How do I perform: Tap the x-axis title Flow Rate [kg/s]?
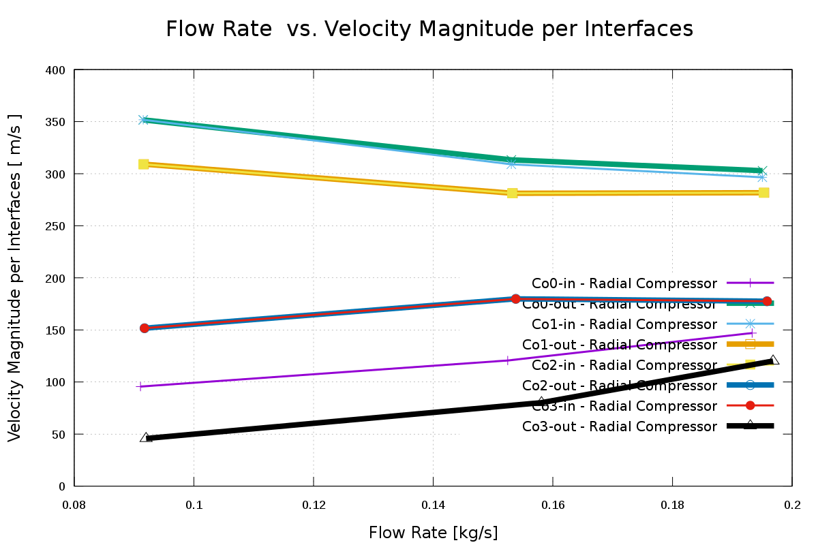click(433, 533)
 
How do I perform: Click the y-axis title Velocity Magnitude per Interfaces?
click(15, 277)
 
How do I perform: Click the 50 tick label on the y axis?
click(59, 434)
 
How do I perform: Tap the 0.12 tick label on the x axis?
click(313, 505)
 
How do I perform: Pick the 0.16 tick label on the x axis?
click(552, 505)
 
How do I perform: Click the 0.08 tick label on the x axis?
click(74, 505)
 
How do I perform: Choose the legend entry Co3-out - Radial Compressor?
click(619, 426)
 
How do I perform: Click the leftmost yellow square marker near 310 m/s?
click(144, 164)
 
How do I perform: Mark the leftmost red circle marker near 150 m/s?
click(145, 328)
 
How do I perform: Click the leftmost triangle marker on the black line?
click(146, 437)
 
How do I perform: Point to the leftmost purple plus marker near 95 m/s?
click(140, 386)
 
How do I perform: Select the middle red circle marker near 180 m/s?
click(515, 299)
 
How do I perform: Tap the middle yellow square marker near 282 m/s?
click(513, 193)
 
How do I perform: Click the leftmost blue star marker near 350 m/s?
click(143, 120)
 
